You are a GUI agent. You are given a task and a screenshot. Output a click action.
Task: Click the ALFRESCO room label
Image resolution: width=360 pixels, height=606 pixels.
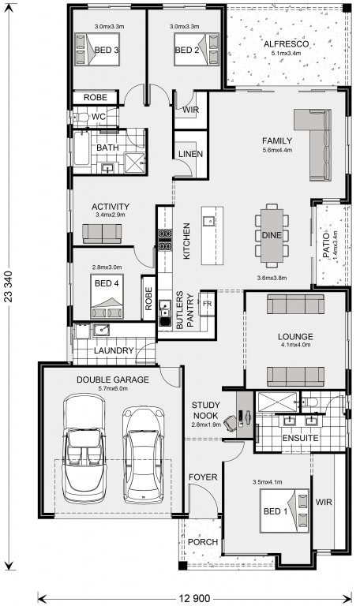(x=286, y=44)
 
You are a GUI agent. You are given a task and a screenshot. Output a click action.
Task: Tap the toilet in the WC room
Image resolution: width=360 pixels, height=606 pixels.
(x=81, y=117)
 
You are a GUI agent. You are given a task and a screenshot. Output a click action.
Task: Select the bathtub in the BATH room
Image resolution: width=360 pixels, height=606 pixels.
(x=81, y=149)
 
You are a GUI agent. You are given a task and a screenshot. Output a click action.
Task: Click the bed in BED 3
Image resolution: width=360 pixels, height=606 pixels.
(x=97, y=49)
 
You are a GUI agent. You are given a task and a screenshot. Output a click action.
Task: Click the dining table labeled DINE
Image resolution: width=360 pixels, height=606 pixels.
(x=272, y=235)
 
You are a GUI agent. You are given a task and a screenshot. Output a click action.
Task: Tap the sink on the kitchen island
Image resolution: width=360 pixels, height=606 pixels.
(x=208, y=221)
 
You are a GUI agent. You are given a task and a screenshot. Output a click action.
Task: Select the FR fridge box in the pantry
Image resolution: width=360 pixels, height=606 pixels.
(x=207, y=303)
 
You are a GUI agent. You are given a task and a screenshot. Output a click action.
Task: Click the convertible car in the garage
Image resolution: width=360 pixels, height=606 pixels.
(x=84, y=448)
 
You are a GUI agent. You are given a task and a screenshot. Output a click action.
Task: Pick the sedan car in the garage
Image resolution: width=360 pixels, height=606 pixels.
(x=143, y=454)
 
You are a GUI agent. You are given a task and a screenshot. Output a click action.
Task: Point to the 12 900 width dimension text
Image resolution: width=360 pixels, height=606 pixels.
(x=194, y=599)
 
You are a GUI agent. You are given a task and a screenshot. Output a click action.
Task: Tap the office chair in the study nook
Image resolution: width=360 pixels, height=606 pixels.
(x=230, y=423)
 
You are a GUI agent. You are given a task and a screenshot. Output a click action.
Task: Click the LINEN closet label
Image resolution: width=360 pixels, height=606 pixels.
(x=190, y=154)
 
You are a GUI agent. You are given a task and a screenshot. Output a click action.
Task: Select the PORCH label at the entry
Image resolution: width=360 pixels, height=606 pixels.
(x=203, y=542)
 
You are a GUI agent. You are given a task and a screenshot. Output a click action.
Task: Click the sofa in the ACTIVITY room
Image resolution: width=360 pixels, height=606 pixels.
(x=102, y=234)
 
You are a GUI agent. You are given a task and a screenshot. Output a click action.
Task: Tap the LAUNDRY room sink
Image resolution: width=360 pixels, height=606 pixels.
(x=100, y=330)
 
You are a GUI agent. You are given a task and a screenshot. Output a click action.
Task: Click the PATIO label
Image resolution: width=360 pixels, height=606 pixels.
(x=326, y=245)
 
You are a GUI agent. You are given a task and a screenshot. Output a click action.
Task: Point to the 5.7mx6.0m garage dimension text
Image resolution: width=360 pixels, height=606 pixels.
(x=113, y=388)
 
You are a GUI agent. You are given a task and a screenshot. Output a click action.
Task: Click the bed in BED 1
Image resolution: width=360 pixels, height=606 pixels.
(x=284, y=511)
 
